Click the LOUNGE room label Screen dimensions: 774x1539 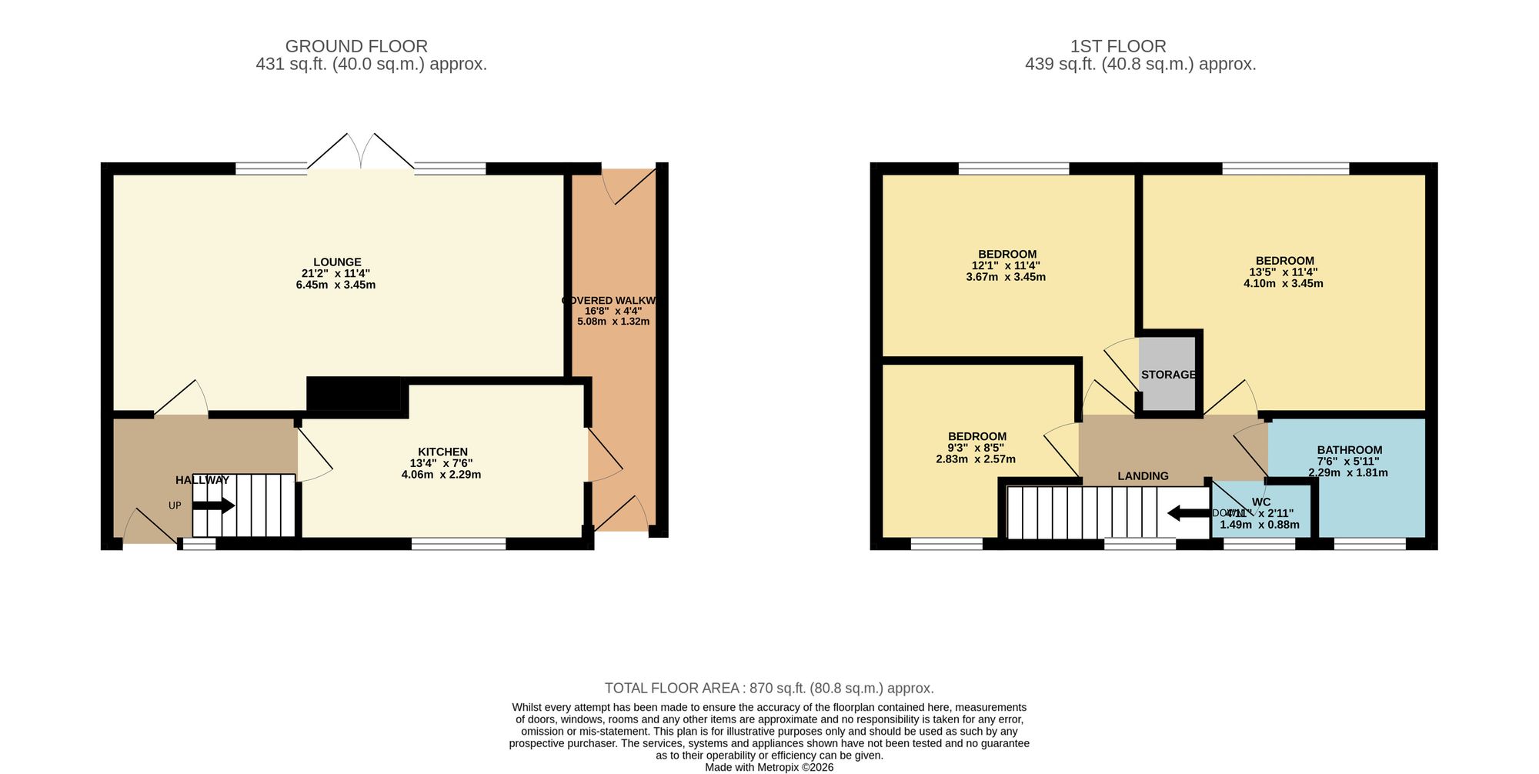click(x=337, y=262)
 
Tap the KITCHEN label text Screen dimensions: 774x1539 click(x=442, y=452)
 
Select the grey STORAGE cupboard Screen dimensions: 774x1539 click(x=1168, y=375)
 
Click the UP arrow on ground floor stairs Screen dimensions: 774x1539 click(x=214, y=505)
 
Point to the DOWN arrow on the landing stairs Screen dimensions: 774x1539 click(x=1188, y=512)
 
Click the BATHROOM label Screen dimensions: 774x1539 click(x=1349, y=450)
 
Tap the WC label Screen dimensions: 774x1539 click(x=1261, y=502)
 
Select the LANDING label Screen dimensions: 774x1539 click(x=1143, y=476)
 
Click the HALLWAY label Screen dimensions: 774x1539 click(x=202, y=480)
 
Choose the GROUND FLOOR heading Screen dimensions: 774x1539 click(x=356, y=46)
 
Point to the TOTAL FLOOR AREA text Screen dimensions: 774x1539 click(x=769, y=689)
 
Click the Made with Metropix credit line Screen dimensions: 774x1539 click(x=769, y=767)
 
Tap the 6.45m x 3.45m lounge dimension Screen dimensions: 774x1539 click(x=336, y=285)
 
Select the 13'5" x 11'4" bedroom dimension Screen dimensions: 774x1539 click(x=1283, y=272)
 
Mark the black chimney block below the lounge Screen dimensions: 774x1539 click(x=354, y=395)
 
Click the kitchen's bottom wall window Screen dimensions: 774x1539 click(x=459, y=544)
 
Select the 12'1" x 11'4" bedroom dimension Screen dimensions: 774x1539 click(x=1006, y=265)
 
